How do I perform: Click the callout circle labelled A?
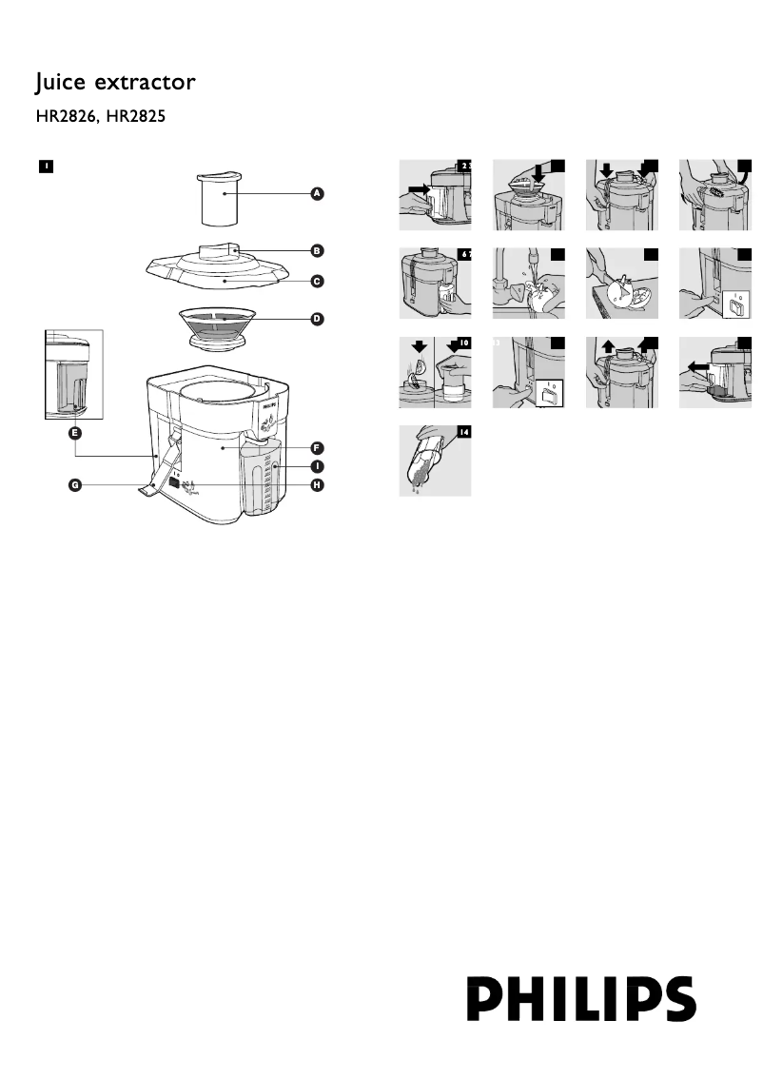(x=318, y=194)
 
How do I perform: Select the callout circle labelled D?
(x=318, y=319)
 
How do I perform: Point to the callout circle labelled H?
(x=318, y=485)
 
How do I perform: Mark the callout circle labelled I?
(x=318, y=466)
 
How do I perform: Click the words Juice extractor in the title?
(x=115, y=84)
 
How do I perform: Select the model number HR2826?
(x=68, y=120)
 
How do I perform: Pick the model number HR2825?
(x=143, y=120)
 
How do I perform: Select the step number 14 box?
(x=463, y=432)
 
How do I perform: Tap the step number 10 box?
(x=463, y=343)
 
